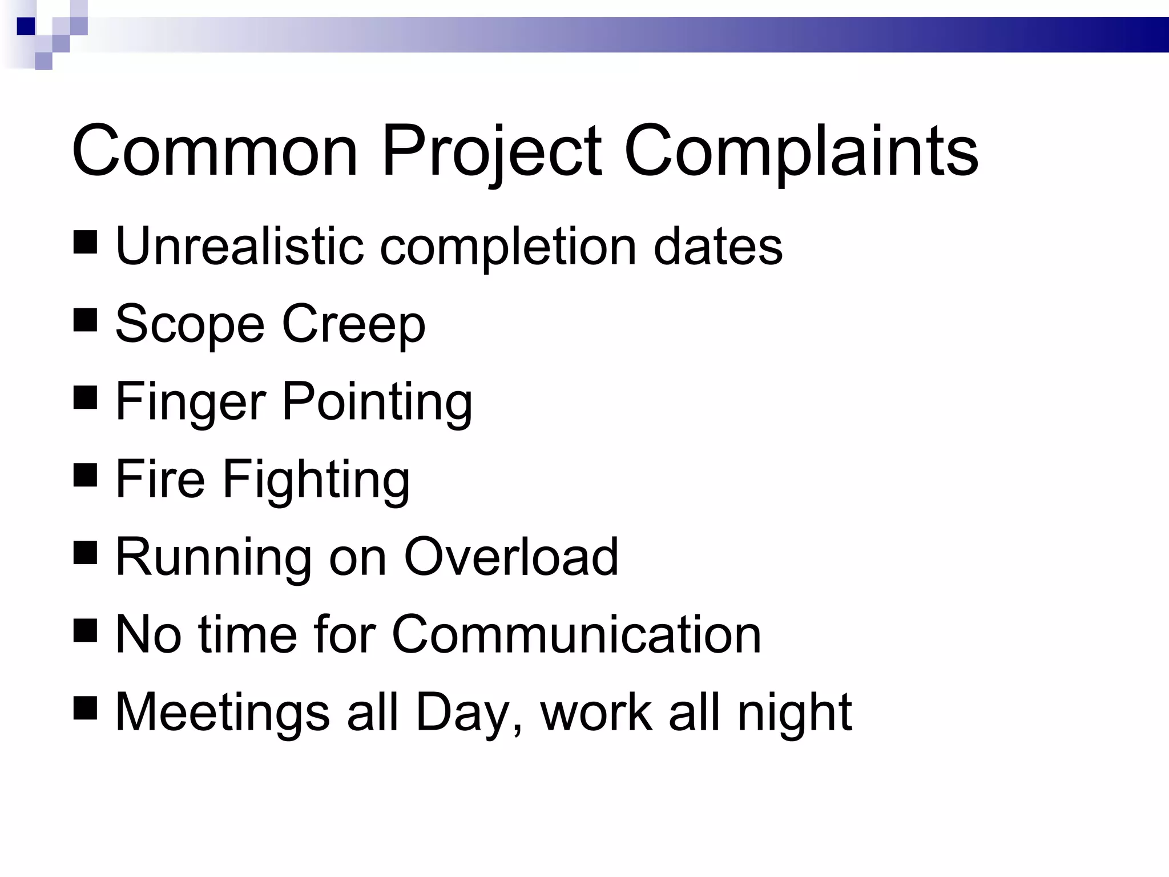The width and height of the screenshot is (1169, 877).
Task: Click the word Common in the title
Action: click(x=215, y=151)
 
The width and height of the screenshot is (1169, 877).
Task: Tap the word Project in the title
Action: click(x=491, y=152)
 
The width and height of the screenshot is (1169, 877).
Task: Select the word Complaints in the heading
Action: click(x=801, y=152)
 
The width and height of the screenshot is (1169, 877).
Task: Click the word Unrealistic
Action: click(x=239, y=246)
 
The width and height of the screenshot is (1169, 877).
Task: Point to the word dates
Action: click(x=718, y=246)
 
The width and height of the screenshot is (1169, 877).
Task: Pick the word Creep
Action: click(x=354, y=324)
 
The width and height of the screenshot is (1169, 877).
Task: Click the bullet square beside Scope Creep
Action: click(x=85, y=320)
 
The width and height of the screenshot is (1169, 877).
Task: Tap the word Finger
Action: click(x=191, y=402)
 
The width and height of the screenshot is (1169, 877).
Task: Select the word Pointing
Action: click(x=377, y=402)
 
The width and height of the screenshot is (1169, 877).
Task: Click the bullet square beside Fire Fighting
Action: click(x=85, y=476)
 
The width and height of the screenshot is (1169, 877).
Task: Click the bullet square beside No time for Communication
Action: click(x=85, y=631)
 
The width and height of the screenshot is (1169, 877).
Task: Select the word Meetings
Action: click(x=223, y=713)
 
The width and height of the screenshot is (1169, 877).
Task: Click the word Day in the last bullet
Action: click(x=461, y=713)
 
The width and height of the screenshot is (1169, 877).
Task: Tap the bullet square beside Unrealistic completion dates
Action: click(x=85, y=242)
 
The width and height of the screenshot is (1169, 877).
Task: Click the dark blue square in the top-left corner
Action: click(x=26, y=26)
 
